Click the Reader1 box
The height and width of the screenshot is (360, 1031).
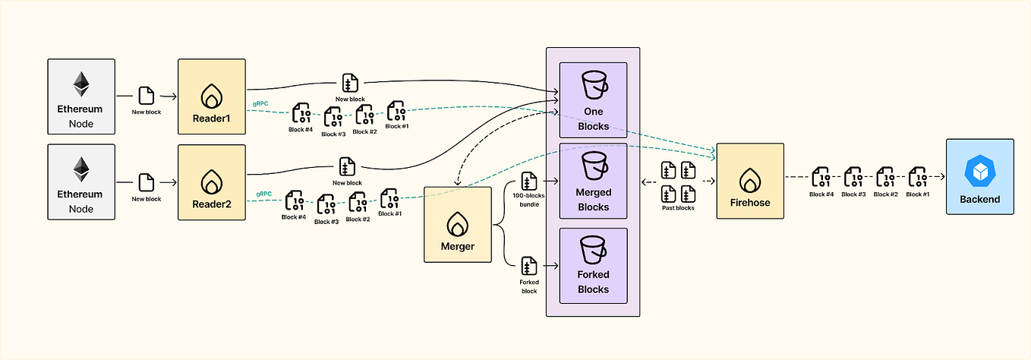pyautogui.click(x=212, y=96)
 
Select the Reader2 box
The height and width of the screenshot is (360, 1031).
pyautogui.click(x=212, y=182)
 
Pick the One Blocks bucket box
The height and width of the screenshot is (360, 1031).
pyautogui.click(x=593, y=99)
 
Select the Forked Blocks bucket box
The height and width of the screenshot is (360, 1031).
pyautogui.click(x=593, y=264)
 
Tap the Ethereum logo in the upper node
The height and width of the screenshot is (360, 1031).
pyautogui.click(x=80, y=84)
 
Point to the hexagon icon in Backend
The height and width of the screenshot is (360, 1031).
pyautogui.click(x=979, y=172)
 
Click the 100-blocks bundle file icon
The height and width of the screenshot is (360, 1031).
pyautogui.click(x=529, y=182)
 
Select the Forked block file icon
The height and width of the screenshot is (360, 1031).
pyautogui.click(x=529, y=266)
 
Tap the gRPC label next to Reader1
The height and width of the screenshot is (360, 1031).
pyautogui.click(x=260, y=103)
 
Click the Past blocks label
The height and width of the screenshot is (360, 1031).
pyautogui.click(x=679, y=207)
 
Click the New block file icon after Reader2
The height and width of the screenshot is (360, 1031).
pyautogui.click(x=348, y=166)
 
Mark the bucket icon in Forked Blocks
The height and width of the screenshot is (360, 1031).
pyautogui.click(x=593, y=250)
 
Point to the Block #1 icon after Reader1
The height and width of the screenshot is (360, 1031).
pyautogui.click(x=396, y=112)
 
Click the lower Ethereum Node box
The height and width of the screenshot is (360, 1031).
pyautogui.click(x=80, y=182)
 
